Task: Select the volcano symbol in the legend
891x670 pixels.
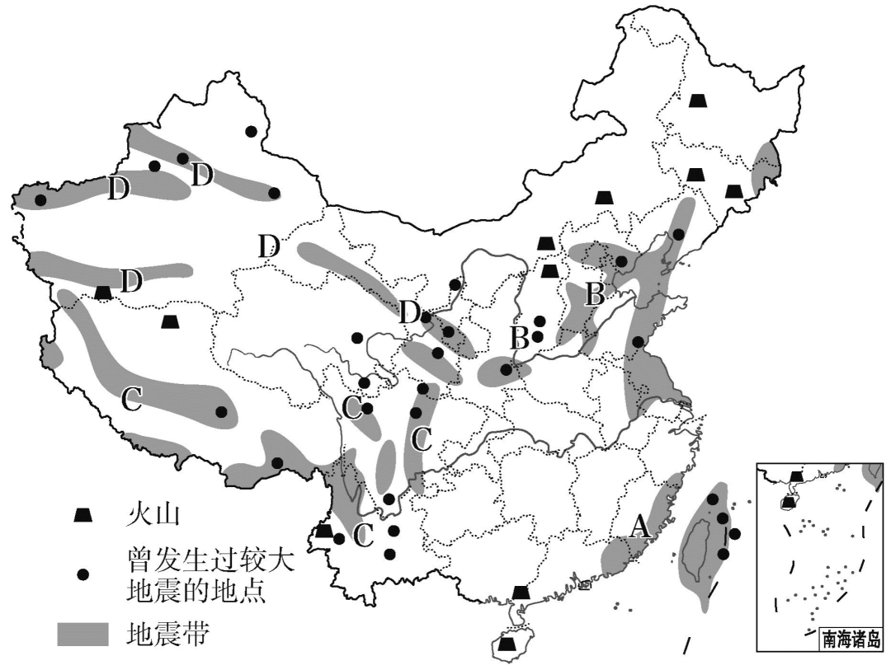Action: pyautogui.click(x=82, y=515)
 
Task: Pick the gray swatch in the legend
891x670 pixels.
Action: pyautogui.click(x=82, y=634)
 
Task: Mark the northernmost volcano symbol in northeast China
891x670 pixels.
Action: pyautogui.click(x=699, y=101)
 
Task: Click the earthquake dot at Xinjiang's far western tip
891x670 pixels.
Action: pyautogui.click(x=40, y=199)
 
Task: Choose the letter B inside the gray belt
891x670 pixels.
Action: pyautogui.click(x=594, y=293)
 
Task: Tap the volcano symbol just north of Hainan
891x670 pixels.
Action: pyautogui.click(x=521, y=592)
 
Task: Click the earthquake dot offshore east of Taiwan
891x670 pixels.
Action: pyautogui.click(x=735, y=533)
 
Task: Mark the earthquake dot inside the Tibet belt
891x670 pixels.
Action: pyautogui.click(x=221, y=412)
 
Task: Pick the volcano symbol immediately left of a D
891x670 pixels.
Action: pyautogui.click(x=103, y=292)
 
